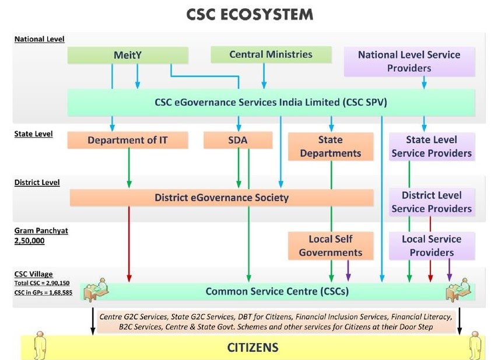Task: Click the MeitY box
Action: pyautogui.click(x=128, y=55)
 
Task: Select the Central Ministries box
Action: pyautogui.click(x=271, y=55)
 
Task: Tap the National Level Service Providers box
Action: pyautogui.click(x=409, y=61)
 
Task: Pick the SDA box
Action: pyautogui.click(x=238, y=140)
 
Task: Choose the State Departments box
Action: pyautogui.click(x=331, y=146)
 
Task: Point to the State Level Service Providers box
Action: pyautogui.click(x=432, y=146)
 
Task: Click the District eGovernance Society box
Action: pyautogui.click(x=222, y=197)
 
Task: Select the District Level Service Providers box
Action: pyautogui.click(x=432, y=202)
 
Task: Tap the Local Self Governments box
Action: pyautogui.click(x=331, y=246)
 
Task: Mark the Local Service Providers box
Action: pyautogui.click(x=432, y=246)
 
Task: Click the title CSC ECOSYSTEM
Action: pyautogui.click(x=250, y=15)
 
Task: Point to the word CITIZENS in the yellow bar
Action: pyautogui.click(x=252, y=348)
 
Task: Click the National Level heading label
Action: pyautogui.click(x=39, y=39)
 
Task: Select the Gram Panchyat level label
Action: pyautogui.click(x=41, y=230)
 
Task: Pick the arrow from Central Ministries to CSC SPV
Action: pyautogui.click(x=264, y=76)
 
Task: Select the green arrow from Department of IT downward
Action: pyautogui.click(x=129, y=169)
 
